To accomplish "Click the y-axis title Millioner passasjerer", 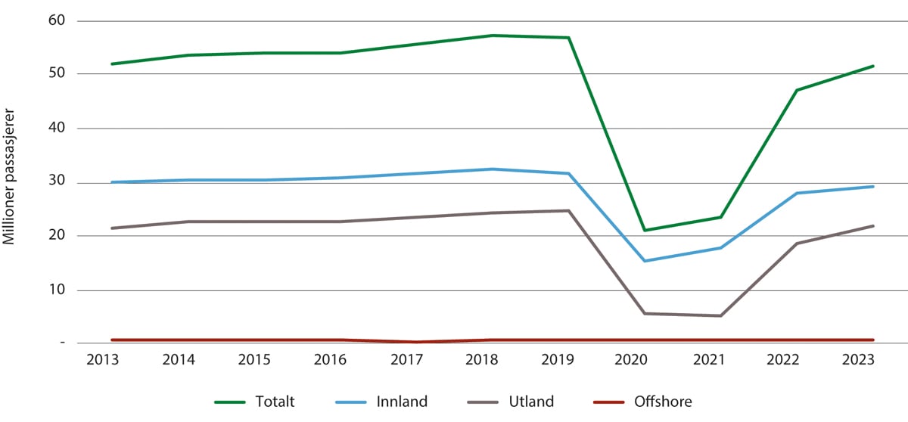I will [11, 182].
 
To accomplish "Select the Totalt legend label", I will [276, 402].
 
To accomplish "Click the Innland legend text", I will [401, 402].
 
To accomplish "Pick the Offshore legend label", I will [664, 402].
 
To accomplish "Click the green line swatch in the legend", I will [233, 402].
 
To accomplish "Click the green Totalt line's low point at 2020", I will [644, 230].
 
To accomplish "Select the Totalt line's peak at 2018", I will [491, 36].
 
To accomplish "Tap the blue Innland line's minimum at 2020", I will [644, 261].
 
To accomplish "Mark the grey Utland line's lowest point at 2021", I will [720, 315].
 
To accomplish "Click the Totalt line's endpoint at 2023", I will [873, 66].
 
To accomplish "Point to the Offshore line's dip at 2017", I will [415, 342].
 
